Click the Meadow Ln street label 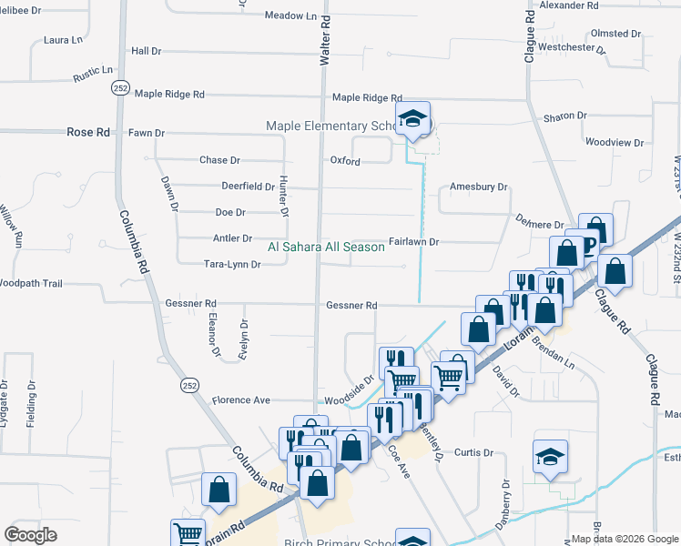pyautogui.click(x=290, y=16)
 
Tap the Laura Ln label pyautogui.click(x=63, y=41)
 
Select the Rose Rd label pyautogui.click(x=88, y=132)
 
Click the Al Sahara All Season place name pyautogui.click(x=326, y=247)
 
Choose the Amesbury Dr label pyautogui.click(x=478, y=187)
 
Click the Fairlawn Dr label pyautogui.click(x=414, y=242)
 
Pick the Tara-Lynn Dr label pyautogui.click(x=232, y=265)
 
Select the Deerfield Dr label pyautogui.click(x=248, y=187)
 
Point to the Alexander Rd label pyautogui.click(x=568, y=5)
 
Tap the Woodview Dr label pyautogui.click(x=614, y=143)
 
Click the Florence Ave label pyautogui.click(x=241, y=400)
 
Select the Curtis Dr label pyautogui.click(x=473, y=452)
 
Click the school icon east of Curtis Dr pyautogui.click(x=550, y=457)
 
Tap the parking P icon pyautogui.click(x=587, y=243)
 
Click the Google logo pyautogui.click(x=31, y=534)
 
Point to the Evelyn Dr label pyautogui.click(x=244, y=337)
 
